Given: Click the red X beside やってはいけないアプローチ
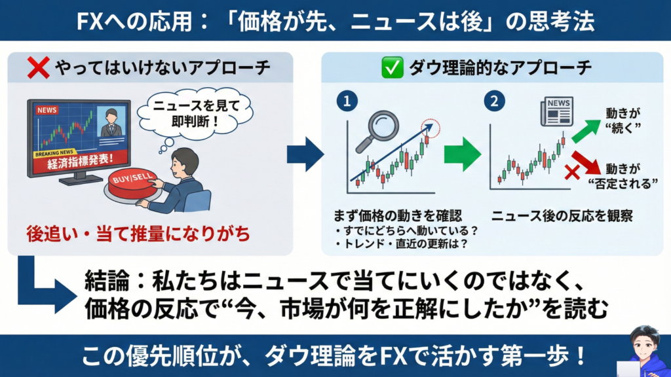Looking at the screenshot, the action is pyautogui.click(x=39, y=67).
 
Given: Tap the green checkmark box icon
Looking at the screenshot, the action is pyautogui.click(x=392, y=67).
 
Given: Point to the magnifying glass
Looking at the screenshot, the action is pyautogui.click(x=377, y=130).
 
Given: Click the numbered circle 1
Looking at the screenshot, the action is pyautogui.click(x=347, y=101).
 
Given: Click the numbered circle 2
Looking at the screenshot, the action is pyautogui.click(x=494, y=101).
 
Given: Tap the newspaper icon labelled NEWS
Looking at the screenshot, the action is pyautogui.click(x=557, y=111).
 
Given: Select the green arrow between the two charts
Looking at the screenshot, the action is pyautogui.click(x=463, y=154).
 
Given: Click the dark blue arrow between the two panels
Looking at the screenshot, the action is pyautogui.click(x=305, y=154).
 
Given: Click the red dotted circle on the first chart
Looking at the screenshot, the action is pyautogui.click(x=430, y=128).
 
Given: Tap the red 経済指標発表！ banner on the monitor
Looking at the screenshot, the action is pyautogui.click(x=81, y=161).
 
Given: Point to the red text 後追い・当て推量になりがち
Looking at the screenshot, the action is pyautogui.click(x=138, y=234).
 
